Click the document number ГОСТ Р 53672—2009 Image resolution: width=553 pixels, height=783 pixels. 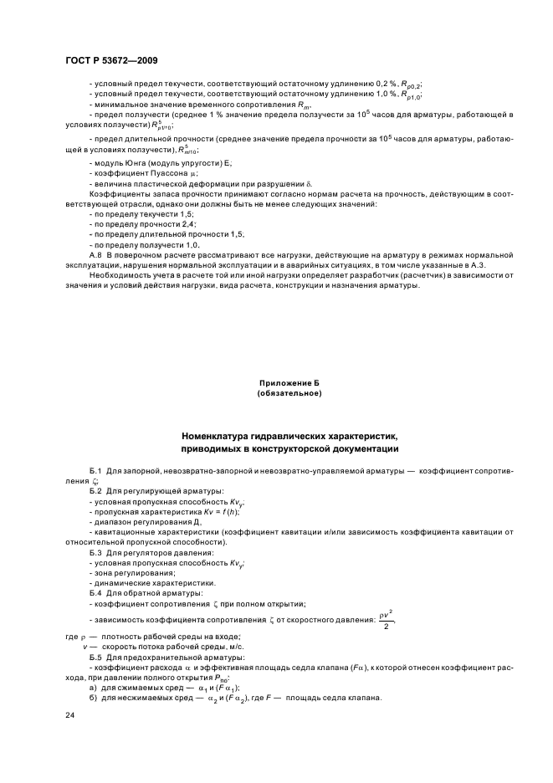pyautogui.click(x=110, y=62)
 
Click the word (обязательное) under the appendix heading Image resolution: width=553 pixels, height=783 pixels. pyautogui.click(x=289, y=393)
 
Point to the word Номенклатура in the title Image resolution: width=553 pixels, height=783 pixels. pyautogui.click(x=219, y=437)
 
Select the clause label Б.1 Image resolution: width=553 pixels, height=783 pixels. pyautogui.click(x=95, y=471)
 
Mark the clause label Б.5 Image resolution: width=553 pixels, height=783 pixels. pyautogui.click(x=95, y=658)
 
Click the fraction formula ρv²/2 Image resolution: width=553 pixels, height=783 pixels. pyautogui.click(x=385, y=620)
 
